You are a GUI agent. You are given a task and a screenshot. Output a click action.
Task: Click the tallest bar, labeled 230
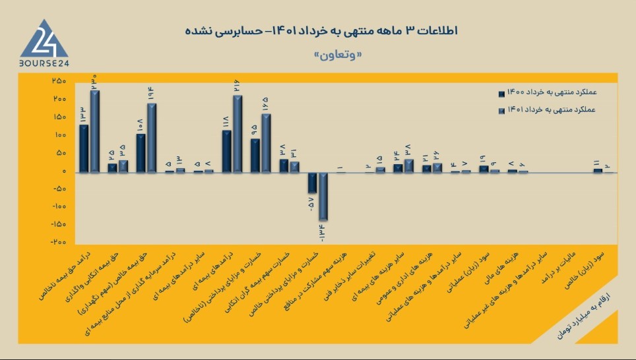coord(95,131)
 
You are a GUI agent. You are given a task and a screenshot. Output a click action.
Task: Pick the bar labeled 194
coord(152,138)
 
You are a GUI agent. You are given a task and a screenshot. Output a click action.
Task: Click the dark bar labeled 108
coord(141,153)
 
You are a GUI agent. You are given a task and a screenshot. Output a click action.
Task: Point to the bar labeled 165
coord(266,143)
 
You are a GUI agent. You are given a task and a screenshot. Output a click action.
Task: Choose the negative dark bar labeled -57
coord(312,183)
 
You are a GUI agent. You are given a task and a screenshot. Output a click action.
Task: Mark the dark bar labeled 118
coord(226,151)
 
